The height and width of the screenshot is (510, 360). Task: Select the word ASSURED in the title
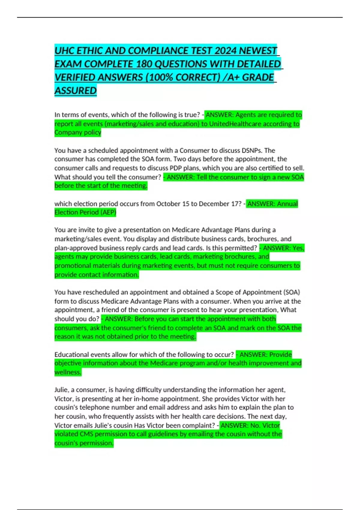point(75,91)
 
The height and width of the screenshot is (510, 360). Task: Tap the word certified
point(268,168)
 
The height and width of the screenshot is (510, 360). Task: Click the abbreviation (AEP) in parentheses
point(108,212)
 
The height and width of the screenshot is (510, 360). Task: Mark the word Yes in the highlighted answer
point(298,248)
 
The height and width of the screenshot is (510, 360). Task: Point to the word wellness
point(67,372)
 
